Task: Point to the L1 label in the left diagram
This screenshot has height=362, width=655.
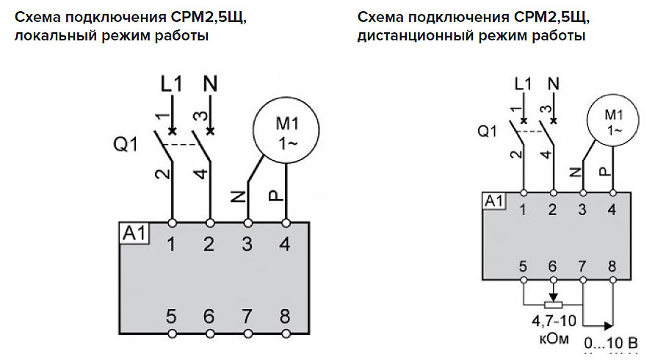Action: pyautogui.click(x=171, y=84)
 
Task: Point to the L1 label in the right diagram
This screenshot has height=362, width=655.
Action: pyautogui.click(x=522, y=84)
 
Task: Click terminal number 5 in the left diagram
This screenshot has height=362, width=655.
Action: pyautogui.click(x=171, y=317)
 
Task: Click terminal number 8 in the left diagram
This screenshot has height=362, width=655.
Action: pyautogui.click(x=285, y=317)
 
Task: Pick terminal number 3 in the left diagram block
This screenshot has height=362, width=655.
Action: pyautogui.click(x=247, y=245)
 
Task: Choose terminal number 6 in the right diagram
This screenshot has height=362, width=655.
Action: pyautogui.click(x=553, y=266)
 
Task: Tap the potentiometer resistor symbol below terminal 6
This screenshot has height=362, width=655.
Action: pyautogui.click(x=552, y=303)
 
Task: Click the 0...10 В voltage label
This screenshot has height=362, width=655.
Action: pyautogui.click(x=607, y=343)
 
